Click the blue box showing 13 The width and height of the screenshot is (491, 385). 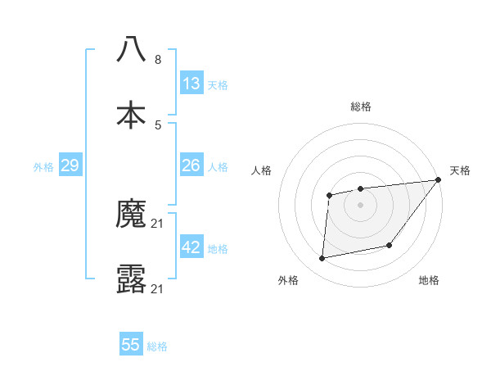click(x=191, y=84)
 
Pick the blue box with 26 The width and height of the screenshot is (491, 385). click(x=191, y=165)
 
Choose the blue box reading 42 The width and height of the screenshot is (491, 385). click(x=191, y=247)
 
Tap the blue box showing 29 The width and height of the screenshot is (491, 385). click(x=70, y=165)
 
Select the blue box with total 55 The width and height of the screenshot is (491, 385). click(x=131, y=345)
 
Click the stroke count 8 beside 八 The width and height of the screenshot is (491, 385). click(x=158, y=60)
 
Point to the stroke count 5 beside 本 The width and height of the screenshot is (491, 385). click(x=158, y=125)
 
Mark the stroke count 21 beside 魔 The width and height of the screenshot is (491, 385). click(x=158, y=224)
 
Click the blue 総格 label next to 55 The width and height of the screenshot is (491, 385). click(x=157, y=346)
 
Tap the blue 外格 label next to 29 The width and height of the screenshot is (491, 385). click(x=43, y=167)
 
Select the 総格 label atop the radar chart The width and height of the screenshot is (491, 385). click(x=360, y=106)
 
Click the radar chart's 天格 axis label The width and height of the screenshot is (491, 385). click(x=460, y=170)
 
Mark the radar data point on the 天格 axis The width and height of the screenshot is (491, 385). click(x=438, y=180)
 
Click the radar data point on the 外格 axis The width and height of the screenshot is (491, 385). click(x=322, y=259)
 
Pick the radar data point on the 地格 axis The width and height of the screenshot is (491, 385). click(x=390, y=245)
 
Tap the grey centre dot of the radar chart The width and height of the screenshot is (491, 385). click(x=360, y=205)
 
